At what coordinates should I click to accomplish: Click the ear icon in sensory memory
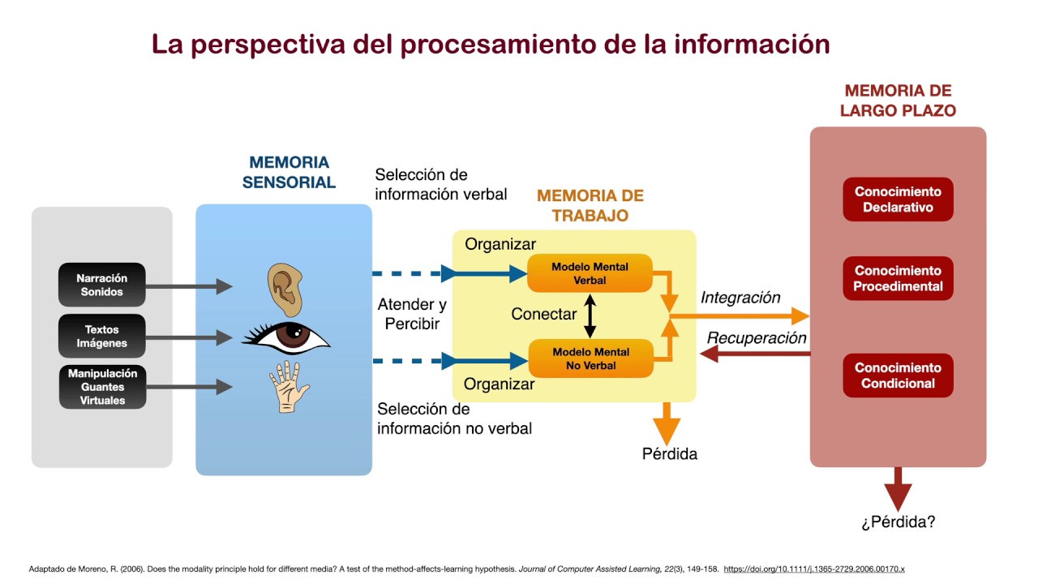285,289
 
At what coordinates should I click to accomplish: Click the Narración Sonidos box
102,285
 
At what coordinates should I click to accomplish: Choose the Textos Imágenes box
102,336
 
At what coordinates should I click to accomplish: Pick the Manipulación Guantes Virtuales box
102,387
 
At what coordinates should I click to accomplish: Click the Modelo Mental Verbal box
590,273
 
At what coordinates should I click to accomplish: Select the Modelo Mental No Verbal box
590,359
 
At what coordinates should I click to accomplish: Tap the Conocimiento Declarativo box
898,200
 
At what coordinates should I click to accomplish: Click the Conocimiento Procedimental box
898,278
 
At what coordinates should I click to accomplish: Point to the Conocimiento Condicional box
898,376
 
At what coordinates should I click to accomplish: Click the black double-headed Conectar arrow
590,316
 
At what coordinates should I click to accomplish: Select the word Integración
740,298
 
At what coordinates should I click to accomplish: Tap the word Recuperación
757,338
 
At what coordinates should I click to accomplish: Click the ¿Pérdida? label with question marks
898,522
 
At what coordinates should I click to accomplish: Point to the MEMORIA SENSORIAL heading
289,173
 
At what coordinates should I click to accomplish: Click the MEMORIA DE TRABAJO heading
590,205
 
